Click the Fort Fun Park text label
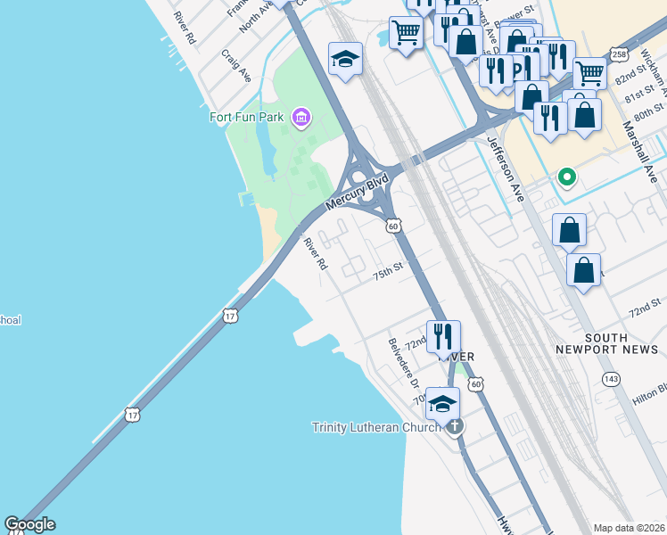pyautogui.click(x=246, y=117)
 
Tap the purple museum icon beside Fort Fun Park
pyautogui.click(x=301, y=117)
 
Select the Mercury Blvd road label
pyautogui.click(x=357, y=193)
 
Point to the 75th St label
pyautogui.click(x=389, y=270)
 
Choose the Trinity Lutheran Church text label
pyautogui.click(x=376, y=427)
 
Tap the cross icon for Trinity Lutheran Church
pyautogui.click(x=455, y=426)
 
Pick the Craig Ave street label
pyautogui.click(x=236, y=67)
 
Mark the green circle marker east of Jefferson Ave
pyautogui.click(x=565, y=177)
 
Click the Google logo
pyautogui.click(x=29, y=524)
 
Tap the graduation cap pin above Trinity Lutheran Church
pyautogui.click(x=442, y=404)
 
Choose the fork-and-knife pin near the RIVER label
pyautogui.click(x=443, y=336)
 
